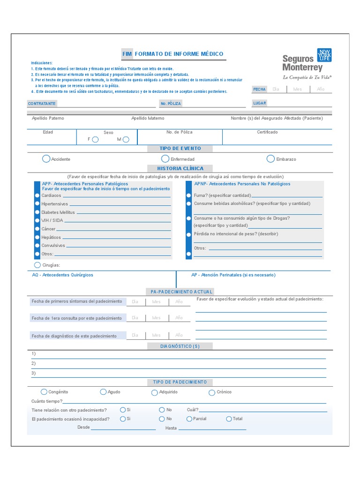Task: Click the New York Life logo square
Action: coord(324,55)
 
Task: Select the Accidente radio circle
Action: coord(46,159)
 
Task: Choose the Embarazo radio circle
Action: coord(270,159)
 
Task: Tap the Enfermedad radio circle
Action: coord(165,159)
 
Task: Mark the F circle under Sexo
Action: coord(95,139)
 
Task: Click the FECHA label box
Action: coord(259,89)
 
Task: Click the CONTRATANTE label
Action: coord(42,103)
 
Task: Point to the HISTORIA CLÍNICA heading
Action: coord(180,168)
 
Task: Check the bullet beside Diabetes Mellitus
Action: coord(37,212)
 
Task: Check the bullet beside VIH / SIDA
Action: coord(37,220)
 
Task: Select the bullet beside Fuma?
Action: coord(189,195)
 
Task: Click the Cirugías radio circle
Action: coord(37,265)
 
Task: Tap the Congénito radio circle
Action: coord(44,392)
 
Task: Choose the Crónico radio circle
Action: coord(212,392)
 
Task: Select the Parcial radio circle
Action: coord(189,419)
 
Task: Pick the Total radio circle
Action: coord(229,419)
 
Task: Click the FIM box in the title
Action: coord(127,54)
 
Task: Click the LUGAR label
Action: coord(259,103)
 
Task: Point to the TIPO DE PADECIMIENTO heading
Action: coord(180,382)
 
